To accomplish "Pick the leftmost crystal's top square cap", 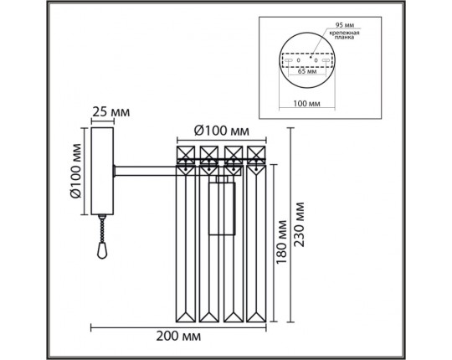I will click(x=186, y=155).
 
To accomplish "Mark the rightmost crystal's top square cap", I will click(x=257, y=155).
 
